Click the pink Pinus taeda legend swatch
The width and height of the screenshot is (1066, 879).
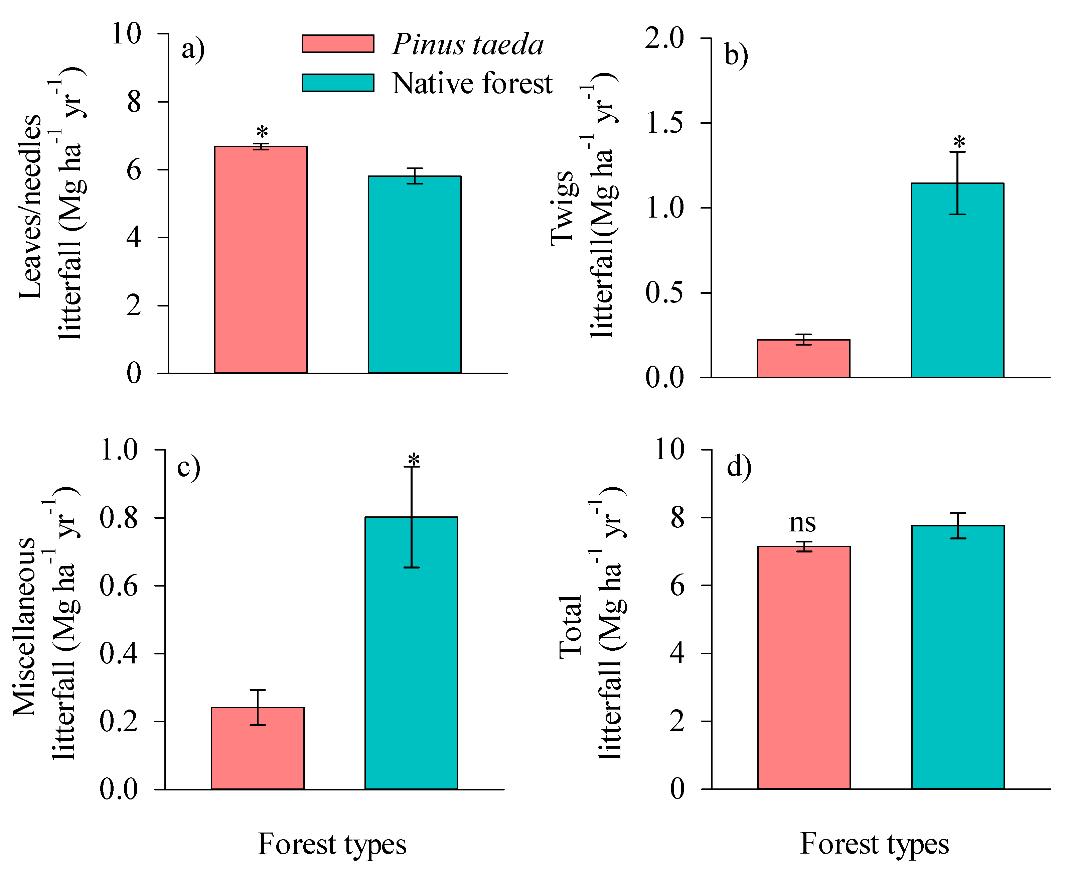[338, 43]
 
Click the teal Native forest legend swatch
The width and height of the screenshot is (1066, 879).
[338, 83]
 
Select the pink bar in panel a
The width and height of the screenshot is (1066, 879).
[260, 259]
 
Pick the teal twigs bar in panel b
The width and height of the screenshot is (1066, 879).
[957, 280]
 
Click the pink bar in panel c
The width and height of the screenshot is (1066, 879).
[257, 748]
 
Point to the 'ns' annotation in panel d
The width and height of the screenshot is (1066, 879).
[802, 522]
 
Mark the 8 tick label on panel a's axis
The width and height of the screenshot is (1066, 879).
[134, 102]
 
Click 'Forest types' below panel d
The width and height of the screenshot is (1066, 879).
[874, 844]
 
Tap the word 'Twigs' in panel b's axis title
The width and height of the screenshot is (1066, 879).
[563, 208]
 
